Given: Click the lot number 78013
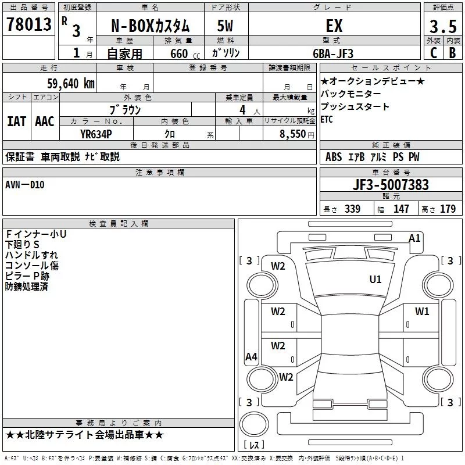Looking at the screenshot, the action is coord(29,24).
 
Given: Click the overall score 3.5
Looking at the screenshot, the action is coord(443,26).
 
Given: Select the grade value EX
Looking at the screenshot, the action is coord(334,26).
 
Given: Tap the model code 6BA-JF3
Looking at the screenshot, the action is coord(333,53).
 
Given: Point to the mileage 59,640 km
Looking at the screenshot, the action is coord(71,84).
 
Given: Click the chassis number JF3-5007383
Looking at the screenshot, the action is coord(391,185).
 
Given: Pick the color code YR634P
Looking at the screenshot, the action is coord(96,134).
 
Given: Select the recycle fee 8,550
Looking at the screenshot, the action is coord(292,134).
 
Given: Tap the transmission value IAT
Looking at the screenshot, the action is coord(16,121).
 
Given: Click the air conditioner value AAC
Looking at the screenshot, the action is coord(45,121).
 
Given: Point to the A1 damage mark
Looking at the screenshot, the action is coord(414,238).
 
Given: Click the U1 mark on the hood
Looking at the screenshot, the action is coord(375,279).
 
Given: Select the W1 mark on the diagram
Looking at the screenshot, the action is coord(422,311).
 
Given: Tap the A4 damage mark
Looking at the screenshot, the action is coord(251,356).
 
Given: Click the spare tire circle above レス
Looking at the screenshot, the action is coord(254,424).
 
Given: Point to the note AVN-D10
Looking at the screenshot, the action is coord(25,185).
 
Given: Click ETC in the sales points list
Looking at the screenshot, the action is coord(327,119).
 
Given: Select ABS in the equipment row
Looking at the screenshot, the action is coord(334,157).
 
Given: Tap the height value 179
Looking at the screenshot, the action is coord(448,209).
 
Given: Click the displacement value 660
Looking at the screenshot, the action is coord(179,54).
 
